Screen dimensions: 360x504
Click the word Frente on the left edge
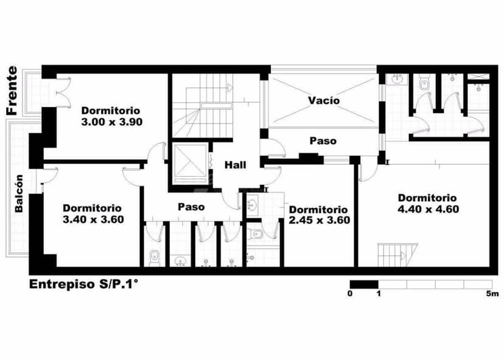click(12, 91)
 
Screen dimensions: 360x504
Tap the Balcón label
click(19, 193)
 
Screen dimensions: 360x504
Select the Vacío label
click(323, 100)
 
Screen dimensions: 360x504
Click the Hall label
click(235, 165)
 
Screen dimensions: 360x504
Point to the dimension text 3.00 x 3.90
click(111, 122)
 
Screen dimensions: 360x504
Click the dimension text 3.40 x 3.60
click(93, 220)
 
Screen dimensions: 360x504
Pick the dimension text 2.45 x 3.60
click(319, 220)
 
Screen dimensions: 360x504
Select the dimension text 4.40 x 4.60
click(427, 209)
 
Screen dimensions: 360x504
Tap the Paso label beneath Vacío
click(323, 140)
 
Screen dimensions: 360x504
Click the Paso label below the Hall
click(191, 207)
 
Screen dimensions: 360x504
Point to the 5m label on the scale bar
click(492, 294)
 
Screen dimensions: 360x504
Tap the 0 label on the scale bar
click(349, 294)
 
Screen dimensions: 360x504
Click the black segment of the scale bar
click(363, 284)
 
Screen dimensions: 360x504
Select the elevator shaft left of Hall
click(191, 163)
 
